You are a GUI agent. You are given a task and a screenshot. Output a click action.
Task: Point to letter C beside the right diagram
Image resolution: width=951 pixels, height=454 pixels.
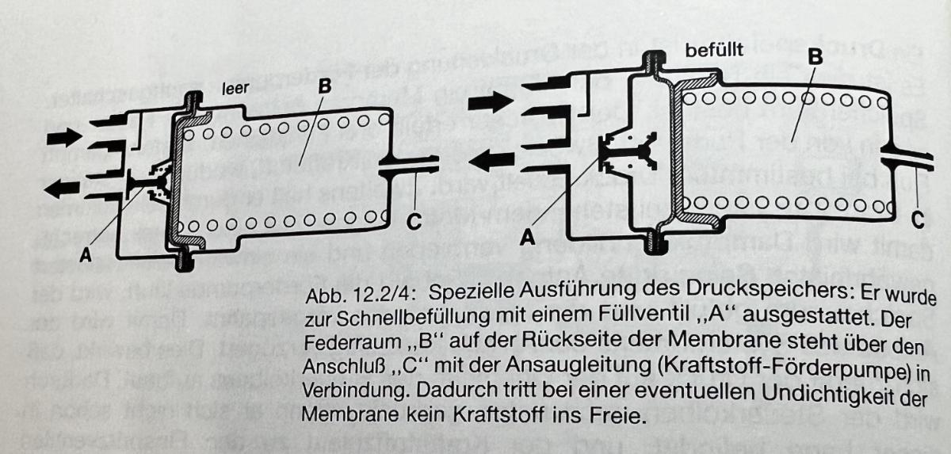point(917,216)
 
